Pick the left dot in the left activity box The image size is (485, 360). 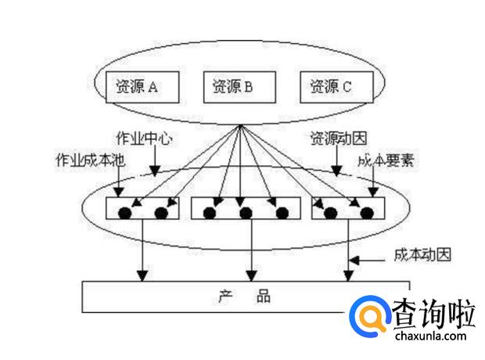click(x=124, y=212)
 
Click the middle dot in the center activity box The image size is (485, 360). click(x=246, y=212)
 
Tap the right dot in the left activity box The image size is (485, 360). click(x=162, y=212)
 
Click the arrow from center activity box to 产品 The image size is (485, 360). click(x=250, y=249)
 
